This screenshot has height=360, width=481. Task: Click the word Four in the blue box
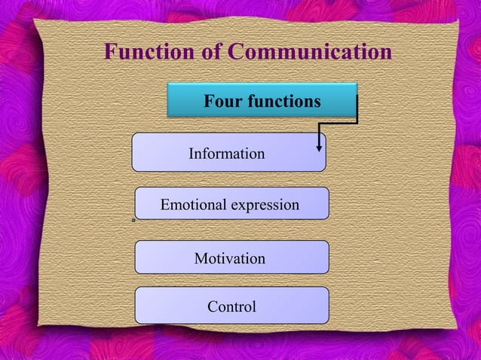click(x=222, y=101)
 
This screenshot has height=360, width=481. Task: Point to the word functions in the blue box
click(x=283, y=101)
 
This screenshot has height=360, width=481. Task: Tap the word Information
click(x=226, y=154)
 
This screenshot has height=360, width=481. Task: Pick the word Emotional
click(x=193, y=205)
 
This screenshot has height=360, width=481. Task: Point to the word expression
click(x=265, y=206)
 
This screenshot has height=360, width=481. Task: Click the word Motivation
click(x=230, y=258)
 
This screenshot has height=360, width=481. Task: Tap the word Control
click(x=232, y=307)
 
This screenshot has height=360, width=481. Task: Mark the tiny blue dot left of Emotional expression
click(x=133, y=220)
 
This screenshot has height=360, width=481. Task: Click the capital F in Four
click(x=209, y=101)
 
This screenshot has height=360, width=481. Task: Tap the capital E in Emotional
click(x=166, y=205)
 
